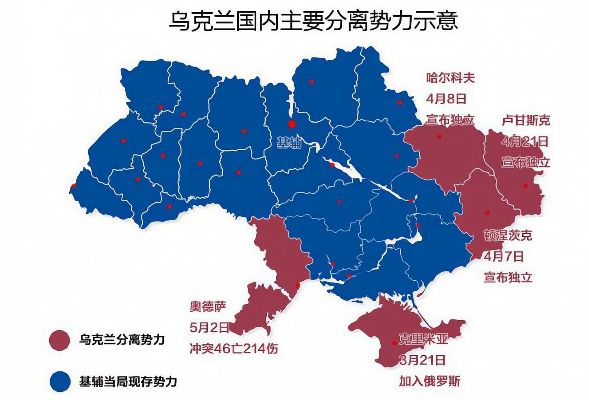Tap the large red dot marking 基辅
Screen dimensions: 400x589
tap(291, 124)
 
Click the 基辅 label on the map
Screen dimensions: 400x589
tap(289, 143)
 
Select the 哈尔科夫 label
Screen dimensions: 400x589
tap(450, 77)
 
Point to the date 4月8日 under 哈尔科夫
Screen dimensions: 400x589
tap(446, 99)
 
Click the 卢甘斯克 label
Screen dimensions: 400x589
tap(526, 120)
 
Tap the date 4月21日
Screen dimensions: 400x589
tap(524, 141)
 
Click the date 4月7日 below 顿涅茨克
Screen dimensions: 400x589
tap(504, 256)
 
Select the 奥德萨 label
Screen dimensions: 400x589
tap(208, 306)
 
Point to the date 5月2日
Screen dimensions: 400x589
tap(209, 327)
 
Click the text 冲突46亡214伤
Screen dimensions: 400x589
tap(234, 349)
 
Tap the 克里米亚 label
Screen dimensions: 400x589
tap(423, 339)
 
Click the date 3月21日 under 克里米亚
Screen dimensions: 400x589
tap(422, 360)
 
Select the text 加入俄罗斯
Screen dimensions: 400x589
tap(430, 381)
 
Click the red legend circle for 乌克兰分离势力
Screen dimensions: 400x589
tap(59, 340)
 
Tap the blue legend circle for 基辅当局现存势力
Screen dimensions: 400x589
tap(59, 382)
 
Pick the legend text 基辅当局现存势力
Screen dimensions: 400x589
tap(128, 382)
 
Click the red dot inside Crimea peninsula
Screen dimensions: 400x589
tap(394, 343)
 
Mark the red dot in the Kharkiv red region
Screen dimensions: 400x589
tap(439, 136)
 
